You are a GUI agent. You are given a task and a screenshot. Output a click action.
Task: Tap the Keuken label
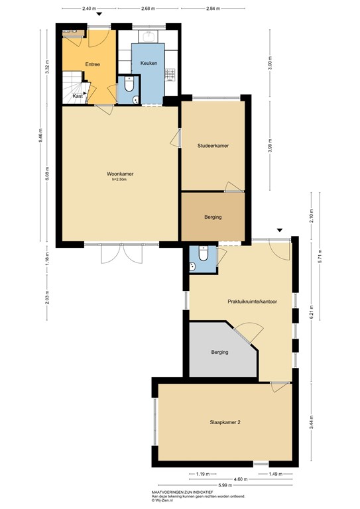coord(149,63)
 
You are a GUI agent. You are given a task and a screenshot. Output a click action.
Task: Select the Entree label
coord(93,64)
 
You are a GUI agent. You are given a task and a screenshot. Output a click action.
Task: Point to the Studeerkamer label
coord(213,145)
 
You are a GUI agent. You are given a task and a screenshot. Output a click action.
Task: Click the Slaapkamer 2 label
coord(225,422)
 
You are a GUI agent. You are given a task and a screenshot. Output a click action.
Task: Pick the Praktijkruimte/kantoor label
coord(252,301)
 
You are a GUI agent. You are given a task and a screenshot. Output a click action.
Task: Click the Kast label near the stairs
coord(78,96)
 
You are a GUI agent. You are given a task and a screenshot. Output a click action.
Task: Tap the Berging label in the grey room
coord(220,352)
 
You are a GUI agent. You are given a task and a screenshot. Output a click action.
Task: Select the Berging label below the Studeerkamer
coord(213,217)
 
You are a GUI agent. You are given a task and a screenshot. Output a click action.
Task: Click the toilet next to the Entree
coord(129,85)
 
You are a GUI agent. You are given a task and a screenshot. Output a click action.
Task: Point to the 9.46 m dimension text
coord(40,139)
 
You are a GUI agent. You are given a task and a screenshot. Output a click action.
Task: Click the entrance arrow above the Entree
coord(99,15)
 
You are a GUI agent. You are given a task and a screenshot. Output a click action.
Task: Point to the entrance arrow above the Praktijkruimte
coord(280,230)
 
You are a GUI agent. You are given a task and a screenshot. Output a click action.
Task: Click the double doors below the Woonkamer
coord(121,254)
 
